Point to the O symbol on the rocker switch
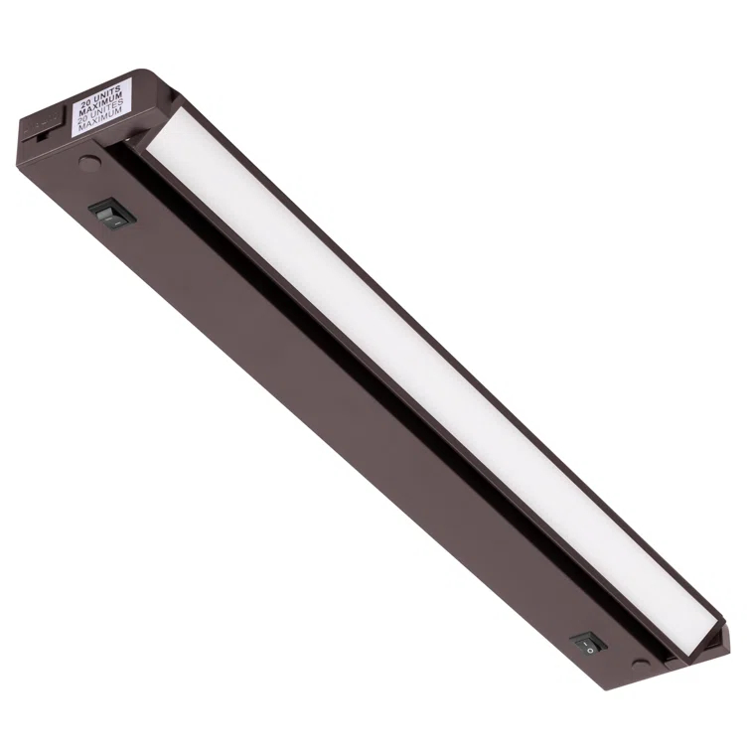(590, 648)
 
